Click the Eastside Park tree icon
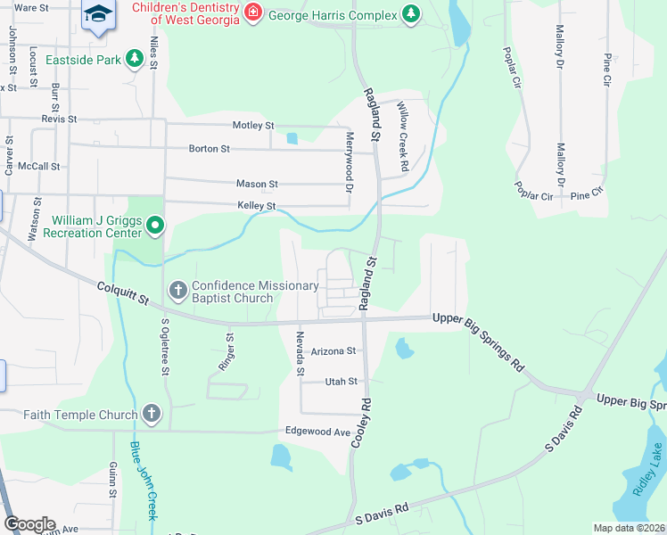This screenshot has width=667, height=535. coord(135,59)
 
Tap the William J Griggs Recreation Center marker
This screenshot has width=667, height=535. coord(155,226)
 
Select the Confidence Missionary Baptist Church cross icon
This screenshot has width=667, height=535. coord(177,291)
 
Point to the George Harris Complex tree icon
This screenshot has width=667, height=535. coord(410,13)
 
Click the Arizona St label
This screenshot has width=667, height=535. coord(333,351)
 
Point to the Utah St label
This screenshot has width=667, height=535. coord(340,382)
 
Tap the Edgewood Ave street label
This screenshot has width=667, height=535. coord(317,432)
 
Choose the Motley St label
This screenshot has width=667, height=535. coord(253,126)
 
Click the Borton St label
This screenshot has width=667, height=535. coord(209,148)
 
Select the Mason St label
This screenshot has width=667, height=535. coord(257,184)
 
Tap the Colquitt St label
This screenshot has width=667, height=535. coord(122,294)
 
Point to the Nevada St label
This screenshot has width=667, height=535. coord(301,353)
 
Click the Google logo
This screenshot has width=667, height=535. coord(29,524)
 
